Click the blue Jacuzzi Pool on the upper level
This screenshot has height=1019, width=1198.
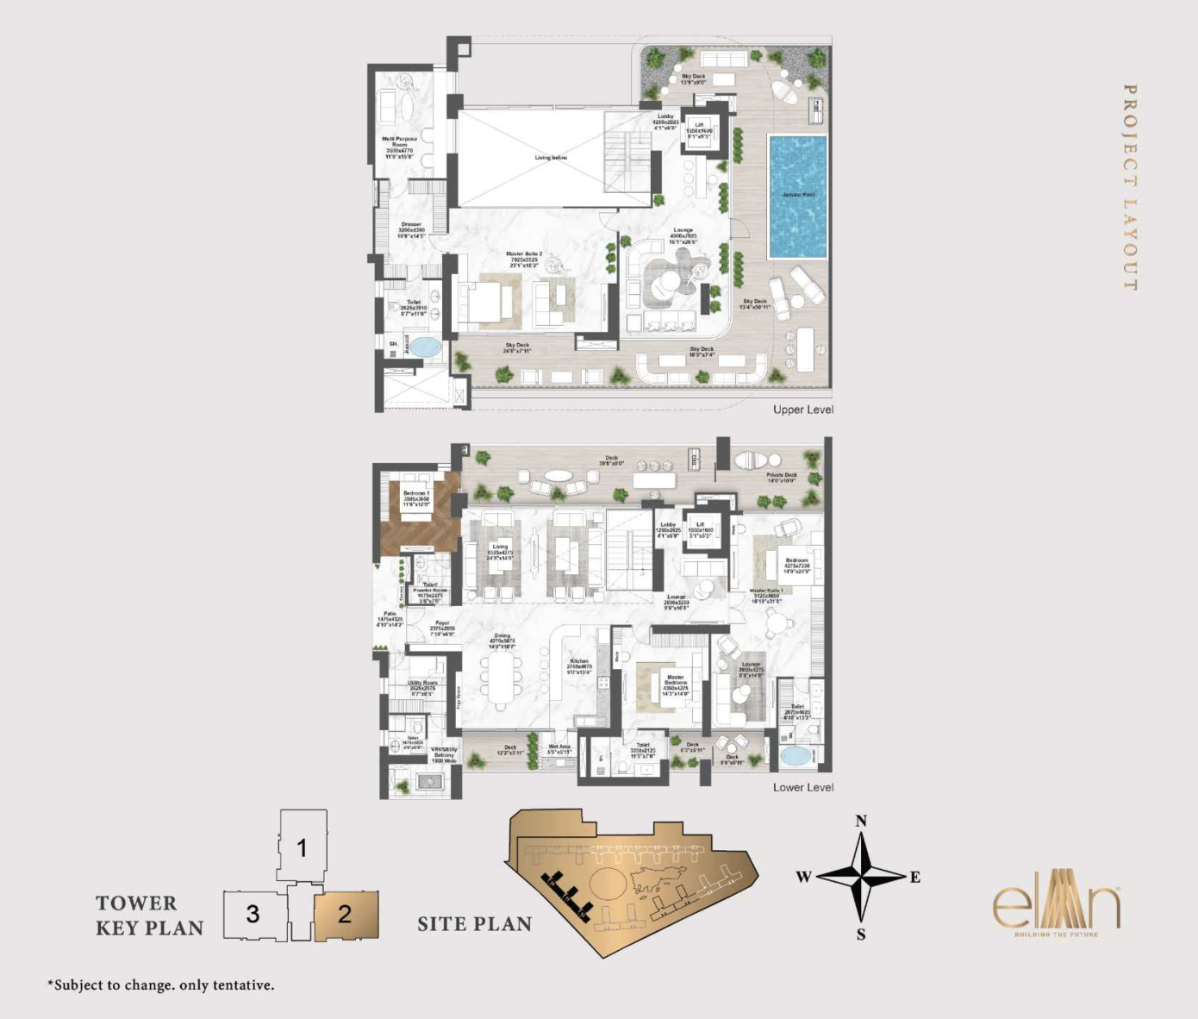(797, 196)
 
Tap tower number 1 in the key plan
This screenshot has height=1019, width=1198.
(302, 847)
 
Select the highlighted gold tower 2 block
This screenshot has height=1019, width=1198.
(346, 915)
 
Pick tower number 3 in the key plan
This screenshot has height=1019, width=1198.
(253, 914)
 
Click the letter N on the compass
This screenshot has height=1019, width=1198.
(861, 821)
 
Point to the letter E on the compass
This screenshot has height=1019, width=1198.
(915, 878)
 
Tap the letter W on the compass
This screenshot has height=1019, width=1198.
(803, 878)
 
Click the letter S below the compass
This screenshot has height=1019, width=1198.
(861, 935)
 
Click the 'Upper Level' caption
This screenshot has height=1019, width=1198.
(802, 409)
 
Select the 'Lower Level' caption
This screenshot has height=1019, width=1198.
(802, 787)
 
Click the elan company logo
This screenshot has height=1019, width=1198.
(1057, 904)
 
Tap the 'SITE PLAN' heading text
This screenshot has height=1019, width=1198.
(474, 924)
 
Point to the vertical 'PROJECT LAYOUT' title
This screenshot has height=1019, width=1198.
(1130, 187)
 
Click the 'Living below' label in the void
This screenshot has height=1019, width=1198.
(551, 158)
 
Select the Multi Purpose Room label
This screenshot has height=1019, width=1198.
(400, 147)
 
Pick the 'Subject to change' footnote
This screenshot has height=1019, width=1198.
(161, 985)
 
